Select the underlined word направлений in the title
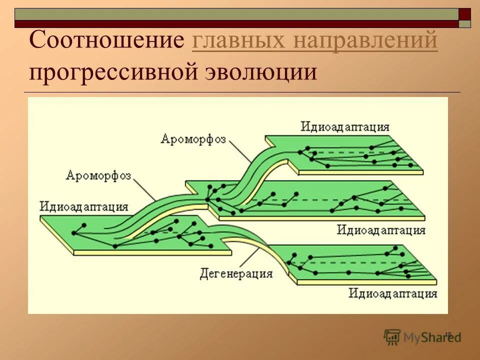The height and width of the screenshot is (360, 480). tap(366, 40)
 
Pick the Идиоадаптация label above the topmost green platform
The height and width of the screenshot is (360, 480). tap(345, 126)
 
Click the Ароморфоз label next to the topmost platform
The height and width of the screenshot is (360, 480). tap(193, 138)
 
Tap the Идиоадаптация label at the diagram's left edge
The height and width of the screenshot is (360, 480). tap(84, 206)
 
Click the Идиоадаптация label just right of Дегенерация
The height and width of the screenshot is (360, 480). tap(393, 293)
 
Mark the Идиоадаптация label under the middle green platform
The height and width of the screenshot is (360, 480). tap(381, 230)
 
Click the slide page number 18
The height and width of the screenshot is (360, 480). tap(447, 334)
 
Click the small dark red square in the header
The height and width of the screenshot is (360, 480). tap(465, 14)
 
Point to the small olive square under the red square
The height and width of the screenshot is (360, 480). tap(465, 23)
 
